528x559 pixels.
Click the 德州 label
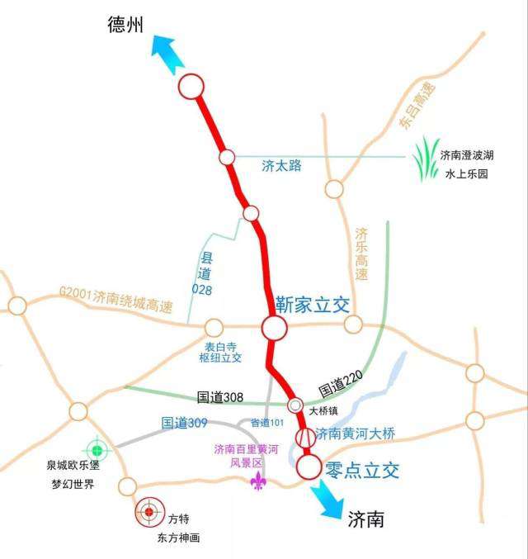tap(125, 25)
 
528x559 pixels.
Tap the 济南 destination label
tap(365, 519)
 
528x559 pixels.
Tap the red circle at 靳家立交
tap(275, 328)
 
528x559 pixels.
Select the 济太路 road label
tap(281, 166)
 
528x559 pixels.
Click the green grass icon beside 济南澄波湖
tap(426, 159)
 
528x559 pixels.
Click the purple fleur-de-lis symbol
tap(259, 481)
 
